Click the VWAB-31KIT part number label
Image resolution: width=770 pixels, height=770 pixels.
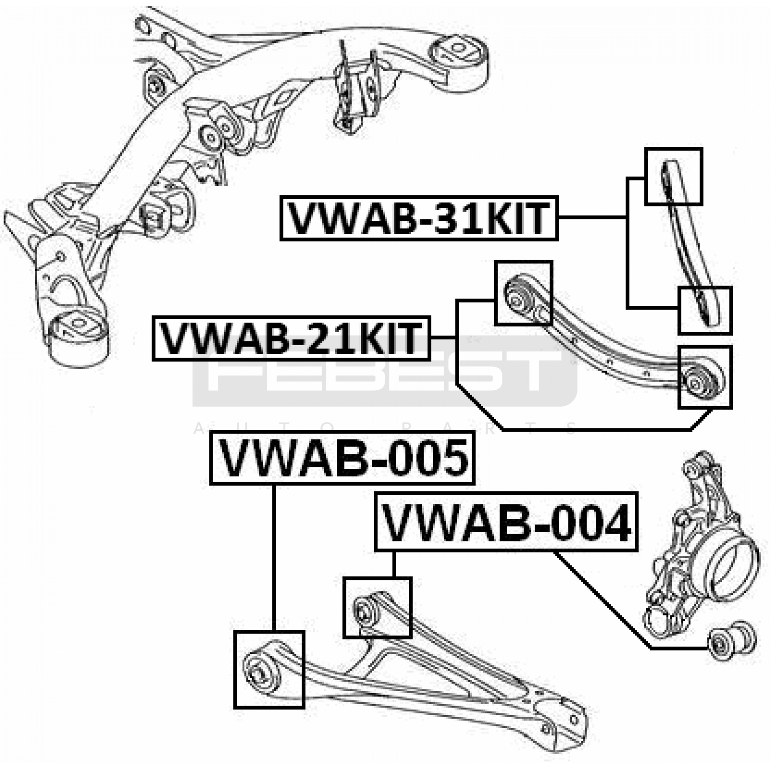coord(419,218)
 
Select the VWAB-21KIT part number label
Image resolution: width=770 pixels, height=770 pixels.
coord(291,338)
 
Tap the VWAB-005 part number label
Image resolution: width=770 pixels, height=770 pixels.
coord(343,458)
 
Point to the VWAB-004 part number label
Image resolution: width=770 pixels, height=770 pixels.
coord(506,522)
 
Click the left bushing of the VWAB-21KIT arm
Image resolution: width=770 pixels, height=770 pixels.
coord(518,296)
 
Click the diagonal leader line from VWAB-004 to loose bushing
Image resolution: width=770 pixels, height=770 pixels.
coord(602,599)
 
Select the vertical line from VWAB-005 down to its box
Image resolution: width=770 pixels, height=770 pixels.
coord(274,557)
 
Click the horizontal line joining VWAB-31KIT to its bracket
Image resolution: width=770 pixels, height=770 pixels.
coord(592,218)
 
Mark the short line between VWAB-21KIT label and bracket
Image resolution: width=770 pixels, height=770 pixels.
coord(443,338)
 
